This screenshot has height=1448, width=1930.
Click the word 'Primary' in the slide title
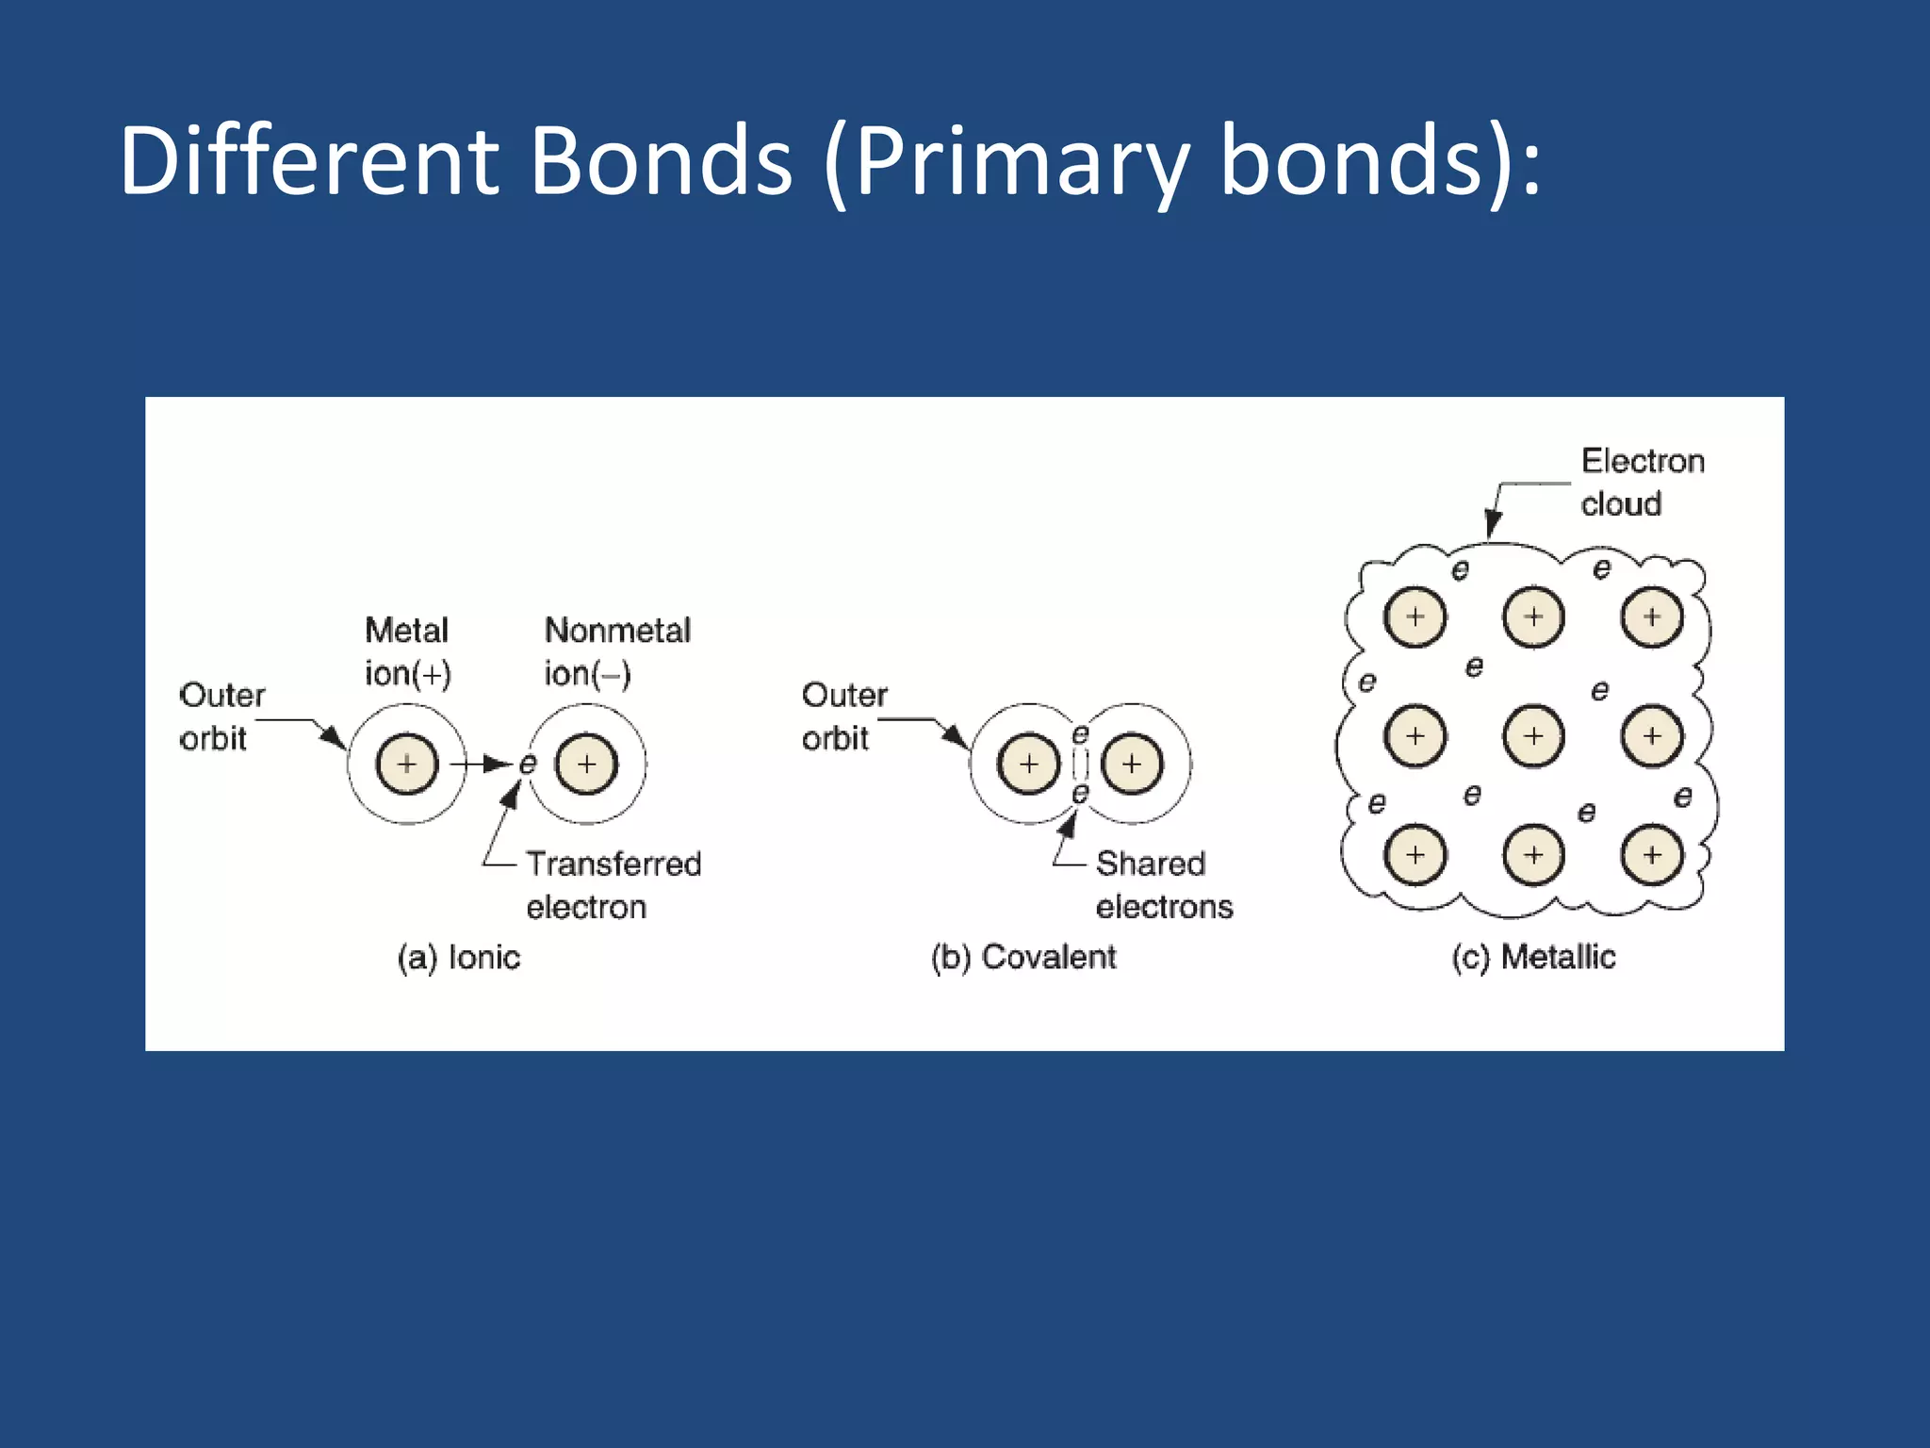coord(1022,162)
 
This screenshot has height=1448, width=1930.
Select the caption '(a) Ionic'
coord(459,958)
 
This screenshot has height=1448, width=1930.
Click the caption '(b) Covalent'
coord(1023,958)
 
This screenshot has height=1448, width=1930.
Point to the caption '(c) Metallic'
coord(1533,958)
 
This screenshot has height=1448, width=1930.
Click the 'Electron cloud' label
coord(1642,482)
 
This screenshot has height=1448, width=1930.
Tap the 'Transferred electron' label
coord(613,885)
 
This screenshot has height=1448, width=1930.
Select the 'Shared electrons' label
coord(1163,885)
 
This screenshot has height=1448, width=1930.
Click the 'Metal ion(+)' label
coord(407,651)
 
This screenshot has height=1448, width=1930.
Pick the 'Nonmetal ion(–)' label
coord(617,651)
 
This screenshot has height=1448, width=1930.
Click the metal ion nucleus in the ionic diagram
coord(407,764)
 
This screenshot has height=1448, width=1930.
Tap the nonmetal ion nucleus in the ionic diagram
coord(587,764)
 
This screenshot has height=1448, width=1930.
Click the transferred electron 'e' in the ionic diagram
coord(528,764)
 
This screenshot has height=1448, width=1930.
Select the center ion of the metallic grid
coord(1533,735)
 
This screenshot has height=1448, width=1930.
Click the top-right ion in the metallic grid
coord(1652,617)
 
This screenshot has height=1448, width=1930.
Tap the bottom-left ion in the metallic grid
coord(1415,854)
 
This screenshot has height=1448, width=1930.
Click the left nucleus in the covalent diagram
coord(1028,764)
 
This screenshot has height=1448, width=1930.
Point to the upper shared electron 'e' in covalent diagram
coord(1080,734)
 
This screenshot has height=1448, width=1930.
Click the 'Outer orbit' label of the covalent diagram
coord(843,716)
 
